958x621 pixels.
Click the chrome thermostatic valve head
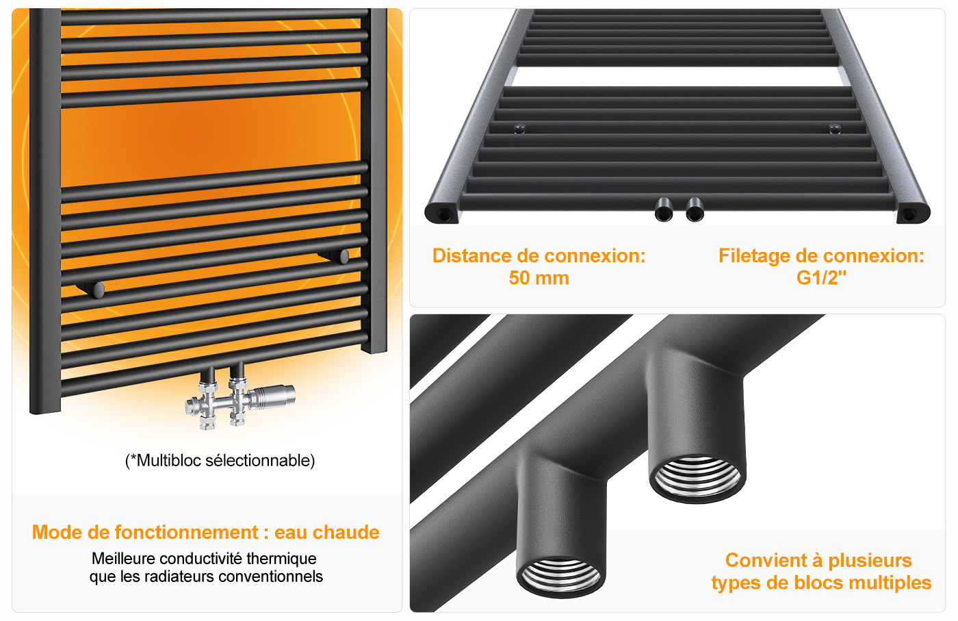(272, 396)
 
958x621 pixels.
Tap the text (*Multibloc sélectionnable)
(220, 461)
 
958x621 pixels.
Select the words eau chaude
(327, 533)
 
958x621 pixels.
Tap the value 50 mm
(539, 278)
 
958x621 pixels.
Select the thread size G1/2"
(821, 278)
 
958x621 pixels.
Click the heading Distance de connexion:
(539, 255)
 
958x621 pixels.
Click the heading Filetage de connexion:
(821, 255)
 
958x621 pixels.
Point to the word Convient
(764, 560)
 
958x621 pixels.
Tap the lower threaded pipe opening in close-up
(560, 577)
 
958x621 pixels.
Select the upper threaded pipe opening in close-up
(697, 479)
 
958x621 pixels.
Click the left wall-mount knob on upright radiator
(97, 290)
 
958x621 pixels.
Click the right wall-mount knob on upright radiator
(343, 256)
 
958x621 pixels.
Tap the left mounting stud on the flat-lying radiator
(519, 128)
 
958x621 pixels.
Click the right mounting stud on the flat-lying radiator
(834, 129)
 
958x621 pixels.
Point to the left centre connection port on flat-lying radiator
(664, 210)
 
